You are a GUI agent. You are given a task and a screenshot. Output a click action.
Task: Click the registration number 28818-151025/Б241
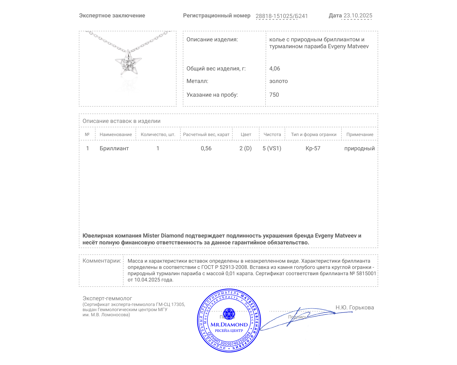pos(282,16)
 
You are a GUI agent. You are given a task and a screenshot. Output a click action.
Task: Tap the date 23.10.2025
pos(358,16)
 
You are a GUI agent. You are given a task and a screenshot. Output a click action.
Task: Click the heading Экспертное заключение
pos(112,16)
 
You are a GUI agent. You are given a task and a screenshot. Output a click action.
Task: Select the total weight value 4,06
pos(274,68)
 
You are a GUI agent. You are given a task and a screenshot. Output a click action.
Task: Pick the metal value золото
pos(278,81)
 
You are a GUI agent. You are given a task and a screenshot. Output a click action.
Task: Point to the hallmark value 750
pos(274,95)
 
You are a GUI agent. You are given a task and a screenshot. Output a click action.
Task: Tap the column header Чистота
pos(272,135)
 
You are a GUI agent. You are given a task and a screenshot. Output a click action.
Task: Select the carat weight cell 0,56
pos(206,148)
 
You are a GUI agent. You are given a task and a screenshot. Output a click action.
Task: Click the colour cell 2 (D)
pos(245,148)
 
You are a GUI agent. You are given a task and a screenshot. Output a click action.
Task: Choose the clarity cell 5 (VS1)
pos(272,148)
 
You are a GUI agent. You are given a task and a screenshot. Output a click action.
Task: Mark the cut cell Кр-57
pos(313,148)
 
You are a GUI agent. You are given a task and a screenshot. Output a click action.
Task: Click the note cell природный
pos(359,148)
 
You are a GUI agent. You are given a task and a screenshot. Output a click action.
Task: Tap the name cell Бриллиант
pos(114,148)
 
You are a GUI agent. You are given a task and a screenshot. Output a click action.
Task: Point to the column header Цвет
pos(246,135)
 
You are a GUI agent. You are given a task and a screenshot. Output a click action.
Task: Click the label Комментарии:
pos(102,261)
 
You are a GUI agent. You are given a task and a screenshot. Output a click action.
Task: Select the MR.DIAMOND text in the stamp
pos(229,325)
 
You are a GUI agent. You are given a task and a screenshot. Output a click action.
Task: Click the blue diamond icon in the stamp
pos(229,314)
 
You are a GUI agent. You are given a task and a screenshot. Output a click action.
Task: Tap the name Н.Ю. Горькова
pos(354,307)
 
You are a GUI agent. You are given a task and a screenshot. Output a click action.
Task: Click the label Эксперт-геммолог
pos(107,298)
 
